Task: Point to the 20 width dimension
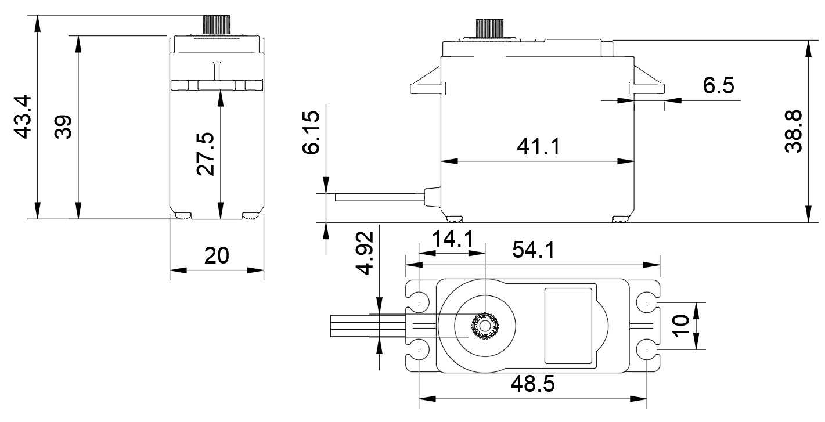(x=217, y=256)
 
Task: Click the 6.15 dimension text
(x=312, y=133)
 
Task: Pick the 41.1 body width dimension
(x=538, y=147)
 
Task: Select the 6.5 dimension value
(x=718, y=86)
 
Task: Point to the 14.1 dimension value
(x=452, y=239)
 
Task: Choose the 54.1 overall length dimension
(x=533, y=251)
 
